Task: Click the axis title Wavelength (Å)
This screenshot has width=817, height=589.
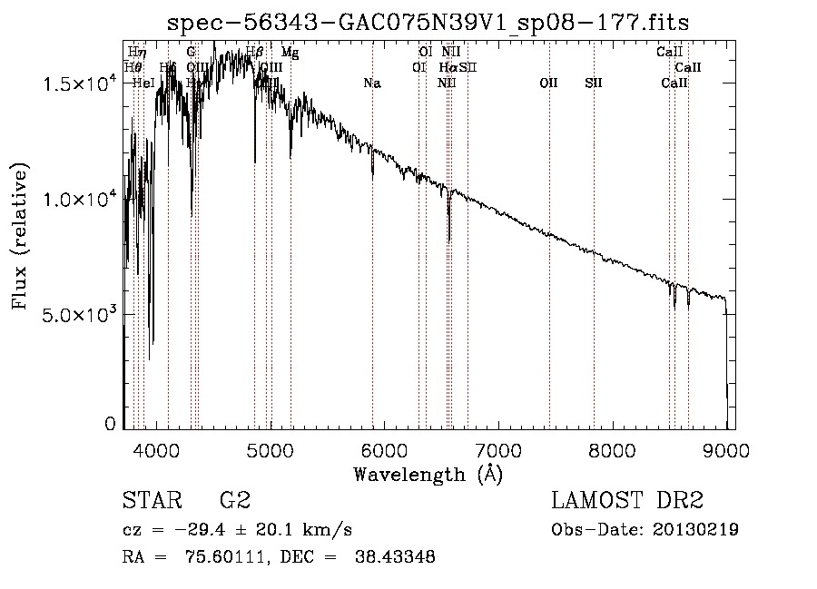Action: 428,473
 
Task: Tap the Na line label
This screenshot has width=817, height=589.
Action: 371,83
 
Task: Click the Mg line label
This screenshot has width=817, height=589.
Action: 290,53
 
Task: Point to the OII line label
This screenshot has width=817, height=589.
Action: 548,83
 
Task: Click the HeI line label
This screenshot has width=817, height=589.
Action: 143,83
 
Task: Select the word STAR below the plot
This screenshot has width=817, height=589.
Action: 151,501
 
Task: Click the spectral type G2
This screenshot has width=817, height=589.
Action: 235,501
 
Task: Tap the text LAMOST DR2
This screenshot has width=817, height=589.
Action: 627,501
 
